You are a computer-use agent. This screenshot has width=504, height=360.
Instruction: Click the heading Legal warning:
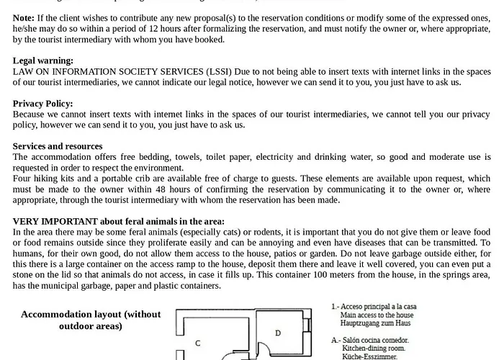pyautogui.click(x=42, y=61)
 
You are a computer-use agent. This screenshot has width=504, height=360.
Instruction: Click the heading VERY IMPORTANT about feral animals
pyautogui.click(x=119, y=221)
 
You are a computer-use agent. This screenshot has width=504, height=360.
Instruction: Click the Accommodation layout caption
pyautogui.click(x=91, y=320)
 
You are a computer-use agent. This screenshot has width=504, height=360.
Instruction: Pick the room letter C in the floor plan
pyautogui.click(x=197, y=343)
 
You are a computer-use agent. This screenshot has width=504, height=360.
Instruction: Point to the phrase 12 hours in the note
pyautogui.click(x=176, y=27)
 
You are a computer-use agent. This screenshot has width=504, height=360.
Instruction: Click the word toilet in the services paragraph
pyautogui.click(x=220, y=157)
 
